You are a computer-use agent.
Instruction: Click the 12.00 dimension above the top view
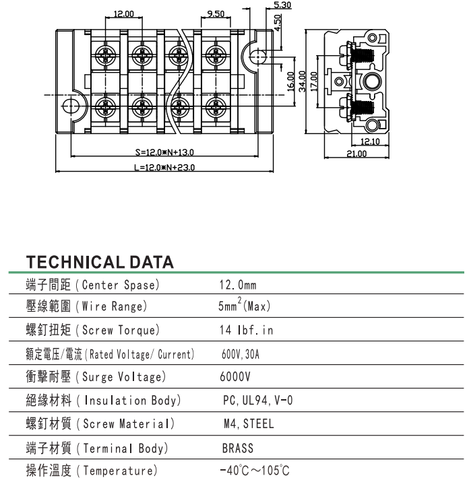pyautogui.click(x=123, y=13)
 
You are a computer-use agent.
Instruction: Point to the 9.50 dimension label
pyautogui.click(x=216, y=13)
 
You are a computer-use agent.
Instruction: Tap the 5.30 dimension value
pyautogui.click(x=282, y=5)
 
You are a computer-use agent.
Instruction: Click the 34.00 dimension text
pyautogui.click(x=303, y=80)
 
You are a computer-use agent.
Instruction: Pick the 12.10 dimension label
pyautogui.click(x=371, y=141)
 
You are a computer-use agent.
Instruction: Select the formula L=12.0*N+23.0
pyautogui.click(x=164, y=168)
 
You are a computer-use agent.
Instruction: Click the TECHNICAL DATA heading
pyautogui.click(x=100, y=262)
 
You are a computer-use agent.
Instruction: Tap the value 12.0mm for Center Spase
pyautogui.click(x=238, y=285)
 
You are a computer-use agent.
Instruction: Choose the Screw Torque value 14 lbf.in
pyautogui.click(x=247, y=331)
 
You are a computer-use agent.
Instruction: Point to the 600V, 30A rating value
pyautogui.click(x=241, y=354)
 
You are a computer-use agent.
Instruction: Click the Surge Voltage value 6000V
pyautogui.click(x=235, y=377)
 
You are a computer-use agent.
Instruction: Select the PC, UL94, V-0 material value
pyautogui.click(x=257, y=401)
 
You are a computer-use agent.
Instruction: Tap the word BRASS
pyautogui.click(x=238, y=448)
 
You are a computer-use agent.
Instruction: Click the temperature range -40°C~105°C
pyautogui.click(x=255, y=471)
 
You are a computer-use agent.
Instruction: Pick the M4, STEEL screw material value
pyautogui.click(x=249, y=424)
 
